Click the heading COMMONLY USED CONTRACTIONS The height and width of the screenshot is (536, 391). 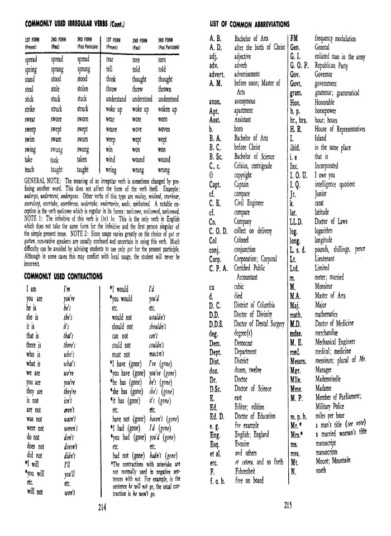pos(63,276)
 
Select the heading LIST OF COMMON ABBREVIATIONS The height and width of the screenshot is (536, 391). pos(249,25)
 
